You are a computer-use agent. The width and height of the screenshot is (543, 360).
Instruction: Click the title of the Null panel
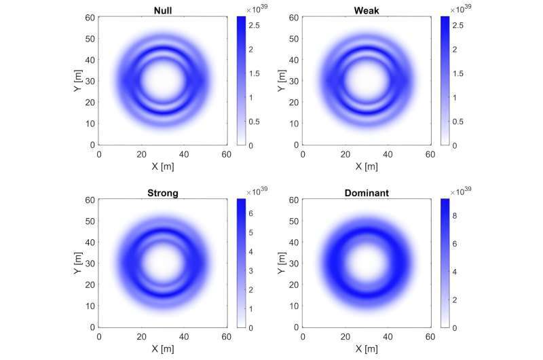(163, 10)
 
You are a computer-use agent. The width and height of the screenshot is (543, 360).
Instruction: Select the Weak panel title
(367, 10)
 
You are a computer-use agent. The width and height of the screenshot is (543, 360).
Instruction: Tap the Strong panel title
(163, 193)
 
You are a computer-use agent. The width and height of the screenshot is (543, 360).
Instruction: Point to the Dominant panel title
(367, 193)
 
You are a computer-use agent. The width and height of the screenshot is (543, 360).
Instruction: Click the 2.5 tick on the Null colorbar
(254, 25)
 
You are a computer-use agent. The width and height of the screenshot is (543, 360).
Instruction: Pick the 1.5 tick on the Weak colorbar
(457, 73)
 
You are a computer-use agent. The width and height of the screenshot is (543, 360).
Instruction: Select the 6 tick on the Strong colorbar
(250, 213)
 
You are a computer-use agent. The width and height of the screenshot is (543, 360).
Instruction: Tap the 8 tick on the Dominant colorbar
(454, 216)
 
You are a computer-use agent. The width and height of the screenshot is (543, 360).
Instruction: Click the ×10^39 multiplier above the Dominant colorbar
(461, 191)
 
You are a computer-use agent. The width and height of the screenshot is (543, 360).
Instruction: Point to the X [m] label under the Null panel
(163, 166)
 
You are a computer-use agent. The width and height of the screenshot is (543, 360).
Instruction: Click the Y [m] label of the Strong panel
(78, 264)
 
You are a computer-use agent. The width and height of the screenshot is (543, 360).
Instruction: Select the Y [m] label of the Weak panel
(282, 81)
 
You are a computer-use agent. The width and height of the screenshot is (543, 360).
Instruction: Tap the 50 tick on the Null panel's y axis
(90, 39)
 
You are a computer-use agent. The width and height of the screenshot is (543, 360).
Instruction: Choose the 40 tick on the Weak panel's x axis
(388, 155)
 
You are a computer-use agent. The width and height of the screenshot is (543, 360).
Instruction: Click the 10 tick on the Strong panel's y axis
(90, 306)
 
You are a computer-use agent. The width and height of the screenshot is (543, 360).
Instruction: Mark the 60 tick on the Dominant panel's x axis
(430, 337)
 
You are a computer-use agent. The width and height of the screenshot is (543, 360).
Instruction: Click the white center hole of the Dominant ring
(367, 264)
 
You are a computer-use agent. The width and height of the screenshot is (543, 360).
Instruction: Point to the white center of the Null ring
(163, 81)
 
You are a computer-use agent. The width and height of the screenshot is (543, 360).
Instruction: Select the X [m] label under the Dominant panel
(367, 349)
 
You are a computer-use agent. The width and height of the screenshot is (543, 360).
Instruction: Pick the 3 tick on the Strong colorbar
(250, 271)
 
